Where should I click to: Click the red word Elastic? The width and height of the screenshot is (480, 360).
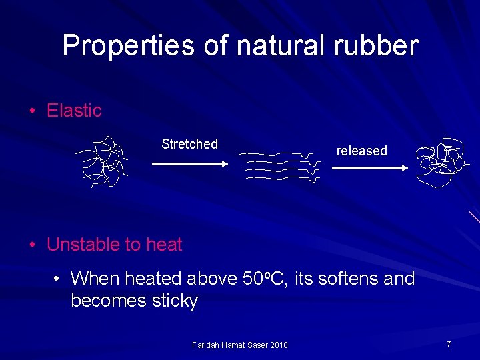(74, 111)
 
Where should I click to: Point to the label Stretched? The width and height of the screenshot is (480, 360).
(189, 144)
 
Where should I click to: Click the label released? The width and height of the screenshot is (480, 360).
(361, 151)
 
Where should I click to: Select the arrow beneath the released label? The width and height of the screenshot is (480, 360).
(369, 168)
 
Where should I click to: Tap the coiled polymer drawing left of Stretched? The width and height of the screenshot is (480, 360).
(101, 161)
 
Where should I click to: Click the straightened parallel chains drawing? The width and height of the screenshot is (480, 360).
(279, 166)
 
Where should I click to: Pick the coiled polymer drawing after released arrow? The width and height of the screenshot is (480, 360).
(441, 163)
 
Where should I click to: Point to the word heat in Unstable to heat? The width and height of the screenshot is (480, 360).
(164, 245)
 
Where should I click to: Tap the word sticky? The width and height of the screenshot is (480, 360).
(175, 301)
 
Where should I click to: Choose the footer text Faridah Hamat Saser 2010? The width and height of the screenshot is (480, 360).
(239, 345)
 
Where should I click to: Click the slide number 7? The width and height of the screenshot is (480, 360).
(449, 344)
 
